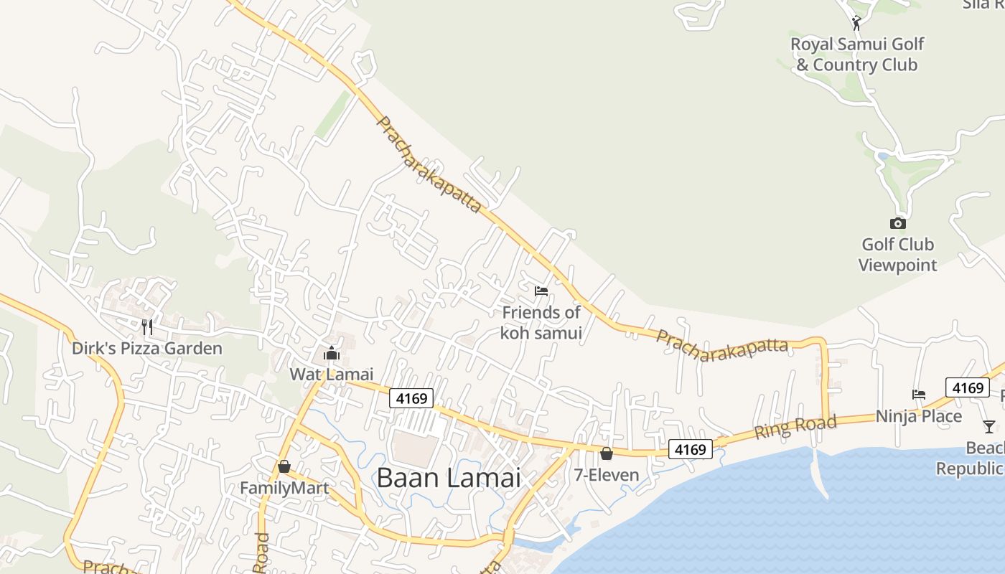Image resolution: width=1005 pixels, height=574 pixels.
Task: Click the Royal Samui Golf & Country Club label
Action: [x=856, y=55]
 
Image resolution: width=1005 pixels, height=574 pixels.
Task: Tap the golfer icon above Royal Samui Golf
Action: [x=856, y=23]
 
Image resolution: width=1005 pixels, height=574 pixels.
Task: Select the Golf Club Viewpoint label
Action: [x=897, y=255]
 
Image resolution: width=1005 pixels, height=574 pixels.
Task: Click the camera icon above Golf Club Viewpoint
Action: [x=897, y=223]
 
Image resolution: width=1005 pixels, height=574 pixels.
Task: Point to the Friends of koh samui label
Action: [x=541, y=323]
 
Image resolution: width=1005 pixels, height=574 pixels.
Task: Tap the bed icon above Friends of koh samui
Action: [x=541, y=291]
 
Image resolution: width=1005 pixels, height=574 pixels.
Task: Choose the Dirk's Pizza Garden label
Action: [x=147, y=349]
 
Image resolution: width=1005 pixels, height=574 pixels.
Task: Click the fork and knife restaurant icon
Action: [x=147, y=327]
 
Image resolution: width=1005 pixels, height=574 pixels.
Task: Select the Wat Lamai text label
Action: [x=332, y=374]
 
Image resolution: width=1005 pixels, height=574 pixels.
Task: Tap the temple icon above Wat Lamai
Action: [x=332, y=352]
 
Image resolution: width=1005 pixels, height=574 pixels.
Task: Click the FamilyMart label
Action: [x=284, y=488]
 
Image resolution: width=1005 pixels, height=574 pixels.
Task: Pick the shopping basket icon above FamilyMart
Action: [x=284, y=466]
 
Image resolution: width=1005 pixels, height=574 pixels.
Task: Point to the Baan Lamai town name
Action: [x=449, y=478]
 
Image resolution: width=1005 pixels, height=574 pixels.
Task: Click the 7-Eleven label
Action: [x=607, y=475]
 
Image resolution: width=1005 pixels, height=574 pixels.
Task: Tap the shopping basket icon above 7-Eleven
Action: [x=607, y=453]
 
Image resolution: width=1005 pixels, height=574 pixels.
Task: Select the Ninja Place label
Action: [x=918, y=416]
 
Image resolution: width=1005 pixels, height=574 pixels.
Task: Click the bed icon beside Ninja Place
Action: [x=918, y=394]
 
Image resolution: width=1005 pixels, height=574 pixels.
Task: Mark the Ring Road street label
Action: [x=795, y=427]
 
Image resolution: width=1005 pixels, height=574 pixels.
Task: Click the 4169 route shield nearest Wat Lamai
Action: [x=412, y=398]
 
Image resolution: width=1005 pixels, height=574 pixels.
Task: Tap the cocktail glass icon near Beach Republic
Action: [x=989, y=426]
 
